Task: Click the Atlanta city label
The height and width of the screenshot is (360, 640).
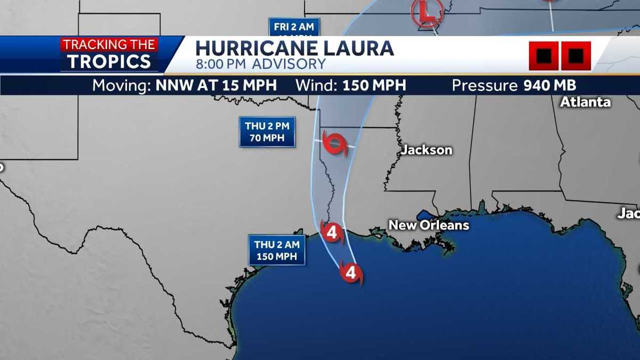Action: coord(585,102)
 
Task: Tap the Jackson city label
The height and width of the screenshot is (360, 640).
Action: coord(426,150)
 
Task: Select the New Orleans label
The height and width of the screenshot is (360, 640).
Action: coord(429,225)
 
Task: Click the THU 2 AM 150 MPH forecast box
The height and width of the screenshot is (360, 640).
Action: coord(276,250)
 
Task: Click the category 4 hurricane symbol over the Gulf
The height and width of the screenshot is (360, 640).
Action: coord(350,273)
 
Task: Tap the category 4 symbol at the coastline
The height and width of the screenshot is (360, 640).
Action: coord(332,233)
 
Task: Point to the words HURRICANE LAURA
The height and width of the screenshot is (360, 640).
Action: coord(294,48)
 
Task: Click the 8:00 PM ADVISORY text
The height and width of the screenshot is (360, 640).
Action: coord(260,65)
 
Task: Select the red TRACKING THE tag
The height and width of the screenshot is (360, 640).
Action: coord(109,45)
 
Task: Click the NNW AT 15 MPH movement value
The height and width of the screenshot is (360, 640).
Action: coord(216,85)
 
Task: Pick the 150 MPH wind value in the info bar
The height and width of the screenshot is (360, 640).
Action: coord(374,85)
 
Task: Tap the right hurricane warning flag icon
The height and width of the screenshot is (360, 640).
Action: coord(575,55)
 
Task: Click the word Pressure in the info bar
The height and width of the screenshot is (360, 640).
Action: coord(484,85)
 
